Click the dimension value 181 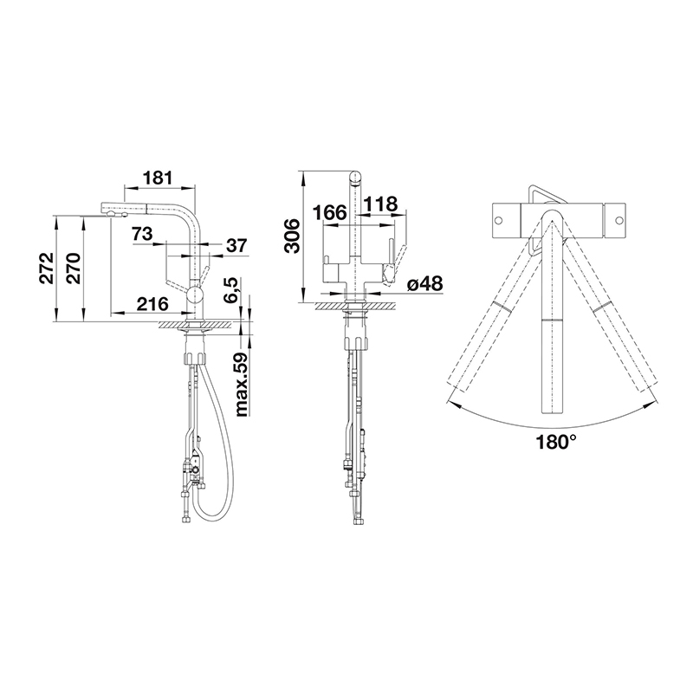(x=157, y=178)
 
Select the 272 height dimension (x=46, y=269)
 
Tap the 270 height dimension (x=73, y=269)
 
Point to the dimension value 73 (x=141, y=233)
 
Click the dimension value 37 (x=236, y=246)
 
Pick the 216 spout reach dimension (x=152, y=304)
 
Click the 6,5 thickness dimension (x=231, y=290)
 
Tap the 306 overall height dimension (x=292, y=236)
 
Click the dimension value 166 (x=329, y=212)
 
